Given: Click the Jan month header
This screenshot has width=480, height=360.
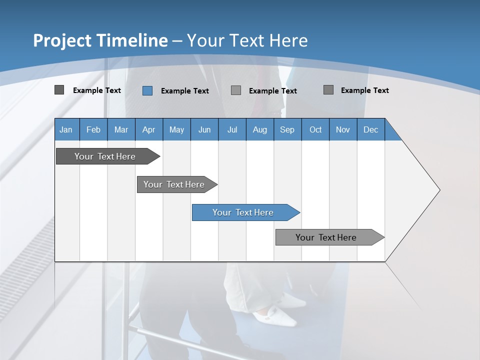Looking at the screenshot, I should pos(66,129).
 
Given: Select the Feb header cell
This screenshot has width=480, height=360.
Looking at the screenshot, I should pos(93,129).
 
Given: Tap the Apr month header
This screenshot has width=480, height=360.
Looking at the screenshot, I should pos(149,129).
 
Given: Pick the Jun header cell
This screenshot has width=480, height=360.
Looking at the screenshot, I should pos(204,129).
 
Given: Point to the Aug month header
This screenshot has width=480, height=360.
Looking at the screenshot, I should pos(260,129).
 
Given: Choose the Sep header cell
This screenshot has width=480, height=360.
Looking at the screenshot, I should pos(287,129).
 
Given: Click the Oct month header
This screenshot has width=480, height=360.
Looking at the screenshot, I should pos(315,129).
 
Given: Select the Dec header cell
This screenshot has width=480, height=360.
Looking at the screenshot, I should pos(371,129).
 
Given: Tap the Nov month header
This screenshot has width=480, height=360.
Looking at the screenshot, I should pos(343,129).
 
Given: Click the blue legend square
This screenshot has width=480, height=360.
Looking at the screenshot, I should pos(147,90).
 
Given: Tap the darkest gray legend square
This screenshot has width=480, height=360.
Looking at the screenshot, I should pos(59,90).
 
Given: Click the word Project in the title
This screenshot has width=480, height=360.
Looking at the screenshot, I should pos(62,40).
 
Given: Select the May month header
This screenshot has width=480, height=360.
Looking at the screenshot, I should pos(176,129).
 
